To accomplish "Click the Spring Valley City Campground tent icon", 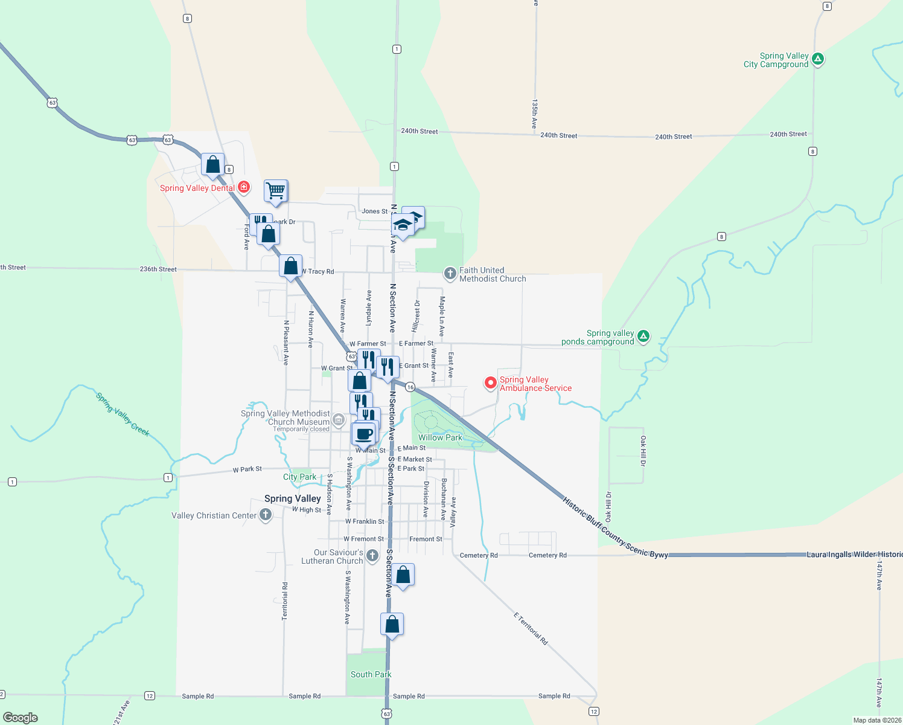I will pos(818,59).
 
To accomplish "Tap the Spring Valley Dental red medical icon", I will pos(244,187).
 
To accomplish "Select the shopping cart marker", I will pos(276,190).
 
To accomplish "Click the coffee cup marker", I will pos(364,434).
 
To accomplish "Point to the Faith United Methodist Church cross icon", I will pos(450,274).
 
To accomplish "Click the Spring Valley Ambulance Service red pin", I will pos(491,383).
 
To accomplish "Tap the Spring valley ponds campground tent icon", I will pos(643,337).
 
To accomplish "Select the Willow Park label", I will pos(440,437).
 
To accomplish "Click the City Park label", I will pos(299,477).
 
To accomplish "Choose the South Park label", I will pos(371,674).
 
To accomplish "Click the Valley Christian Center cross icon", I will pos(265,515).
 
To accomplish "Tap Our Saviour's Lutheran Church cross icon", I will pos(372,556).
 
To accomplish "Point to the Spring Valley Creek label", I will pos(123,414).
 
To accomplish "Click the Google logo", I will pos(21,717).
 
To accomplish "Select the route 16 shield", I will pos(410,387).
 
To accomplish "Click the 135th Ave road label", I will pos(534,114).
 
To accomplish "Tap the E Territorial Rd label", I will pos(531,628).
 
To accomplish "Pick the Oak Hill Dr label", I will pos(643,451).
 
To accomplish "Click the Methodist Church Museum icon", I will pos(338,419).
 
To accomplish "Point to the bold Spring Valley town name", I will pos(293,498).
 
